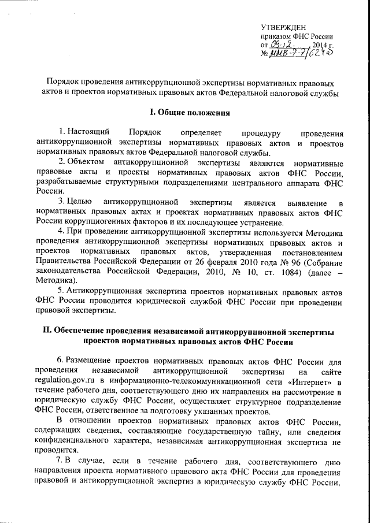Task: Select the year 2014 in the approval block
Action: (321, 44)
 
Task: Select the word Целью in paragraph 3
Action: (80, 202)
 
